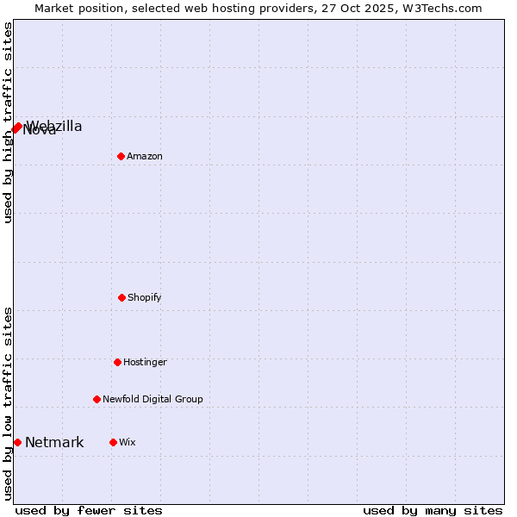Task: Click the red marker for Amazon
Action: (x=121, y=156)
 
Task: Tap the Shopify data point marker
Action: (x=121, y=297)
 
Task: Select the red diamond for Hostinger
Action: (x=117, y=362)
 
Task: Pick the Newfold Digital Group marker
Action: (x=97, y=399)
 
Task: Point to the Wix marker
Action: (x=113, y=442)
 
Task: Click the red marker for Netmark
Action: (x=17, y=442)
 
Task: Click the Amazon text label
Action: (x=145, y=157)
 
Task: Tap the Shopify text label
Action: (x=145, y=298)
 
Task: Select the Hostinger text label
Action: (x=145, y=363)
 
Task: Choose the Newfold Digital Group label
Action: (x=153, y=400)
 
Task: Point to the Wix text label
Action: (x=128, y=443)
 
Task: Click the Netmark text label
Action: (x=54, y=443)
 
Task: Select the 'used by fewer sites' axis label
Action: (x=89, y=510)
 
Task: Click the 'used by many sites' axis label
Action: (x=433, y=510)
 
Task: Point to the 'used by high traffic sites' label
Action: (x=8, y=122)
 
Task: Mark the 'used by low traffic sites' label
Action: (x=8, y=403)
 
